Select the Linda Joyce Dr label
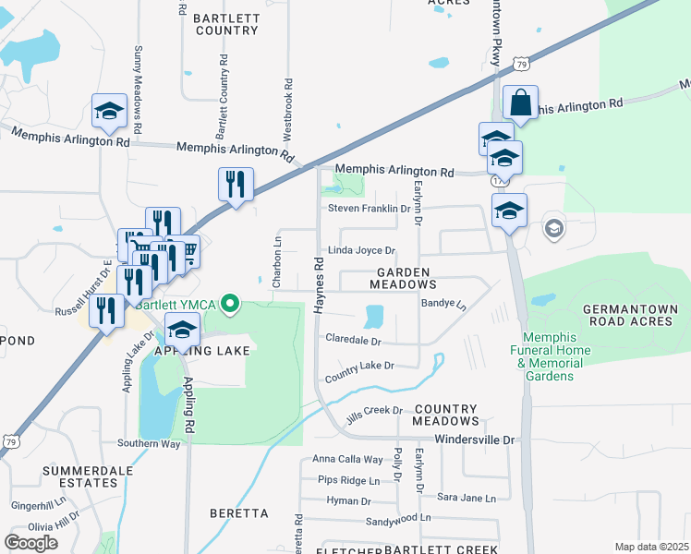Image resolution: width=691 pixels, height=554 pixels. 362,250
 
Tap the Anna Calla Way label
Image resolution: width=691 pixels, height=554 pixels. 347,459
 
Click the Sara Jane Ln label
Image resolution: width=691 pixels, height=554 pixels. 467,498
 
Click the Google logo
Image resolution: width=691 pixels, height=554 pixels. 31,542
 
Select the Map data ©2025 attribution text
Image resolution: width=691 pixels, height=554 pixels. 651,547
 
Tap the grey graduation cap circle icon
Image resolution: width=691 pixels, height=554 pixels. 553,228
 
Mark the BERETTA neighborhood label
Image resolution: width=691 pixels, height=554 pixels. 239,513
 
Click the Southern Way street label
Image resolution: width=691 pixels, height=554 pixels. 149,443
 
